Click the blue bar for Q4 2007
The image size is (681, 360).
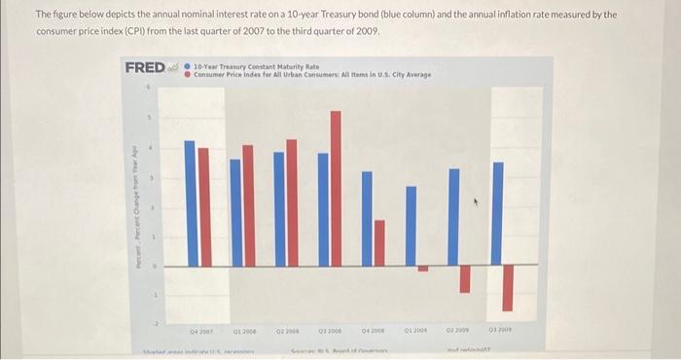pyautogui.click(x=191, y=204)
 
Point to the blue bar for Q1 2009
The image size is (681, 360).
pyautogui.click(x=411, y=225)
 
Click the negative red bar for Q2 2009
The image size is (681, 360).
pyautogui.click(x=465, y=278)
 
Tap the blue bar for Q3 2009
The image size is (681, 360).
pyautogui.click(x=497, y=213)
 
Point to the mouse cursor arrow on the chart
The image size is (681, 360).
pyautogui.click(x=476, y=204)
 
